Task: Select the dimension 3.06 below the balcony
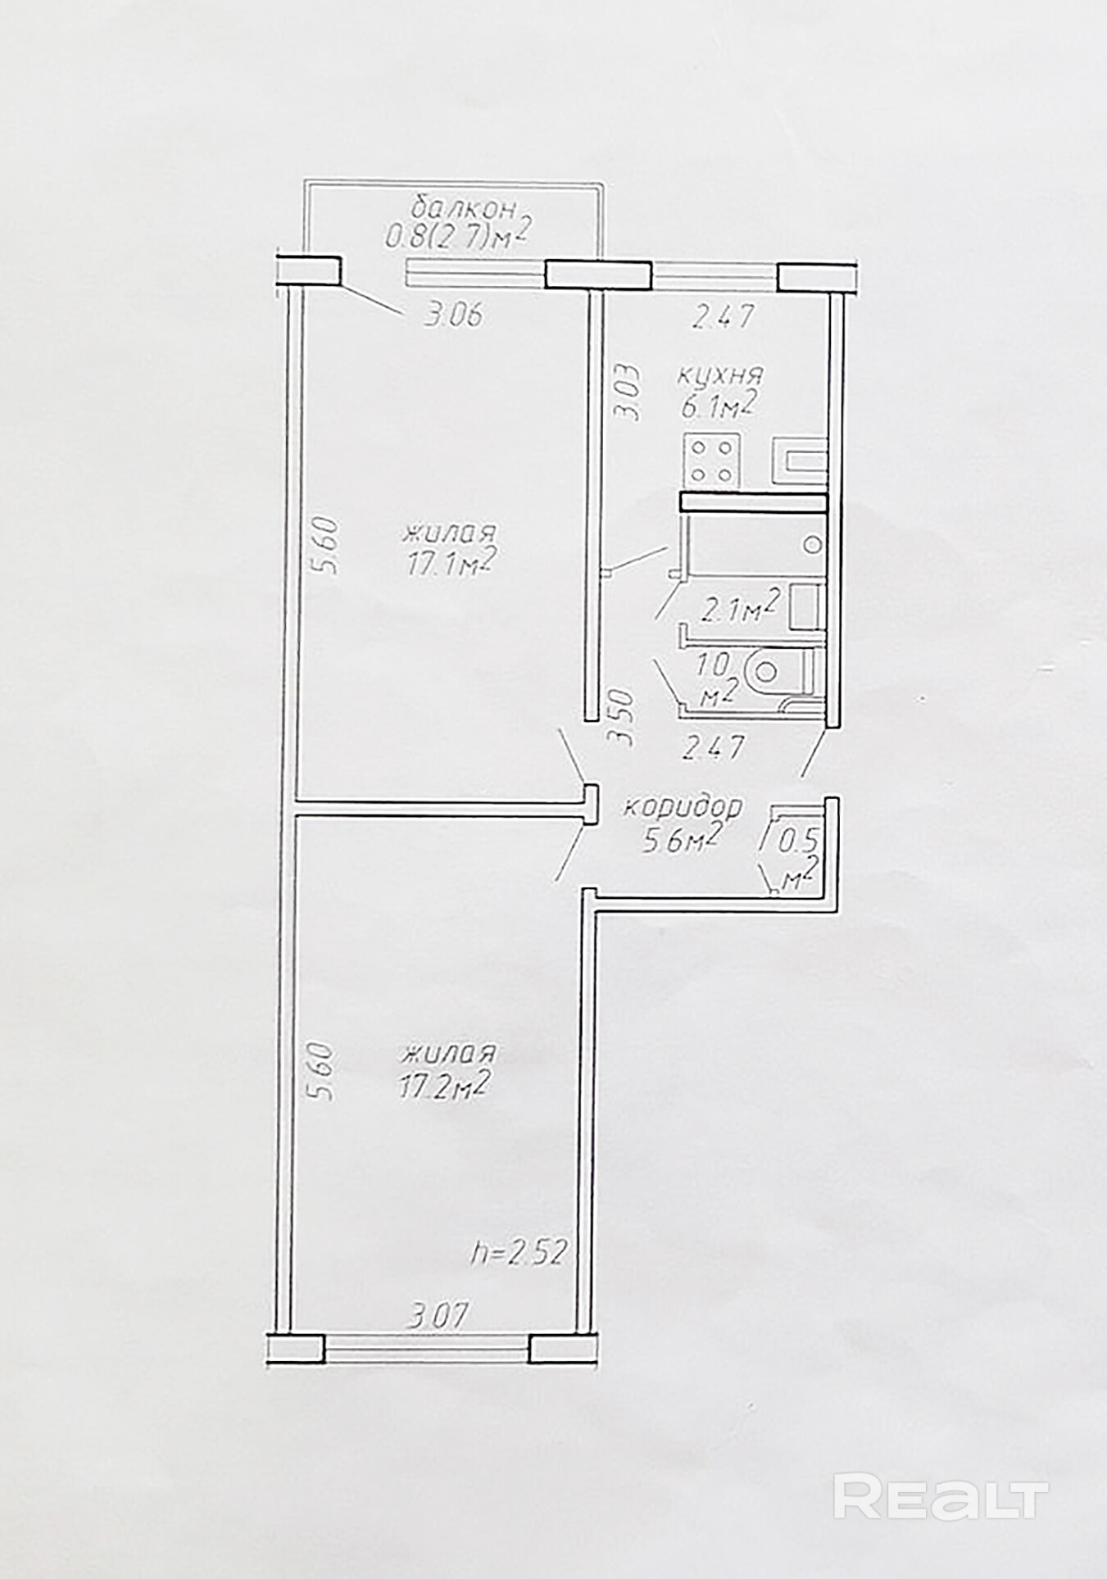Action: [453, 315]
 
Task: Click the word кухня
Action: [720, 377]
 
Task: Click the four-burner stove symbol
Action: [712, 461]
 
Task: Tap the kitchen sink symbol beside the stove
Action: [799, 464]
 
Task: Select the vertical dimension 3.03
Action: [627, 392]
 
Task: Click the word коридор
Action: [683, 807]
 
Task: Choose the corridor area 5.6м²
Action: [681, 840]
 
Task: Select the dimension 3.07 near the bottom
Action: [438, 1318]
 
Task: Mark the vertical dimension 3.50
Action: [624, 717]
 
